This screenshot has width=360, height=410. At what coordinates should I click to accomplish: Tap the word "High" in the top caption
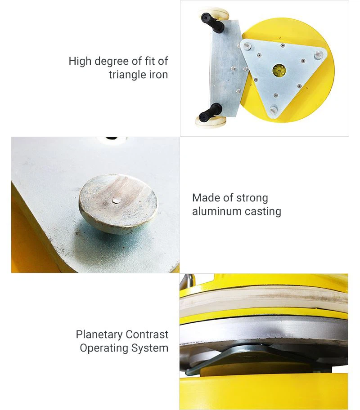80,61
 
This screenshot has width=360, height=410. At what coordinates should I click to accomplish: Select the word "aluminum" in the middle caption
213,211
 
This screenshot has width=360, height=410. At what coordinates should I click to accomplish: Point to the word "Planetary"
99,335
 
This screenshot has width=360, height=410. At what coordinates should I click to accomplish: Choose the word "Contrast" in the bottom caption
147,335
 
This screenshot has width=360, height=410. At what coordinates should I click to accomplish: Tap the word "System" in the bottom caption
150,348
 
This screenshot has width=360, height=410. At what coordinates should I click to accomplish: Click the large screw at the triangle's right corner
319,54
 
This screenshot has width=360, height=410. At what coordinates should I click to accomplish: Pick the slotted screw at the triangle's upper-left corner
247,46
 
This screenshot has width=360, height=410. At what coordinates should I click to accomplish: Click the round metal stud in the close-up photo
118,204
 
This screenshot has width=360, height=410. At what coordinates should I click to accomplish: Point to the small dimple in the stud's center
115,200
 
